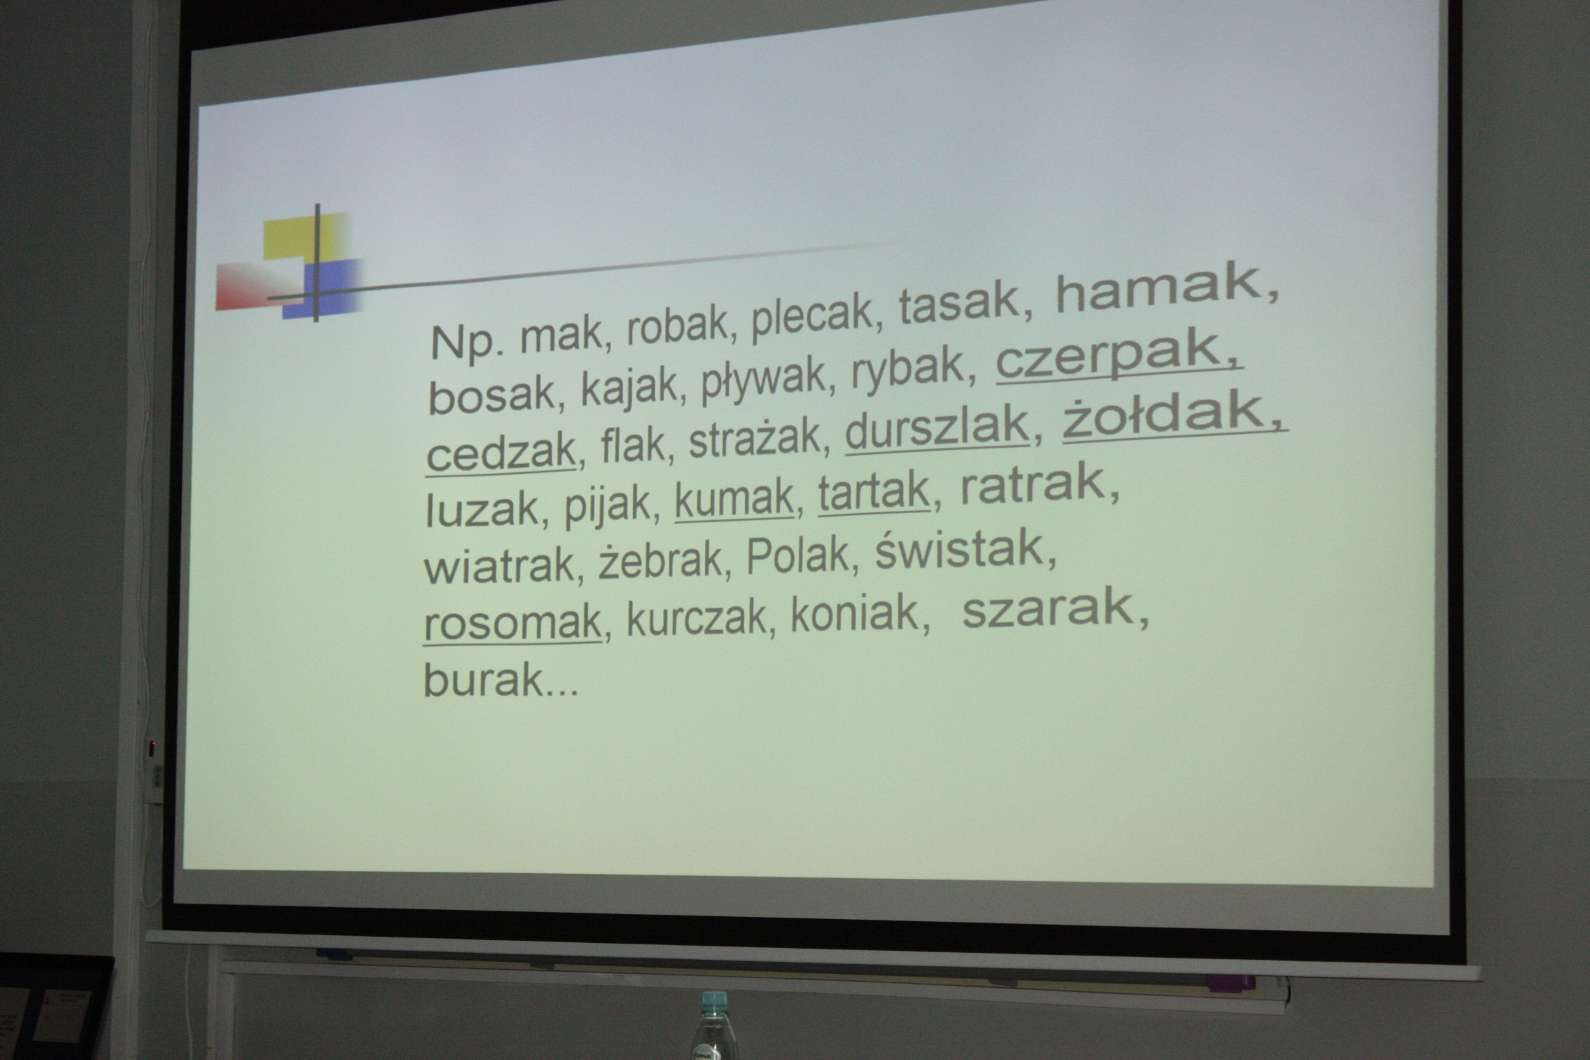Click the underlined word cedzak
[x=500, y=451]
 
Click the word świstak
[x=959, y=547]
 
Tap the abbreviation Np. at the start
[x=467, y=343]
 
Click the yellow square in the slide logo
[x=304, y=238]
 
